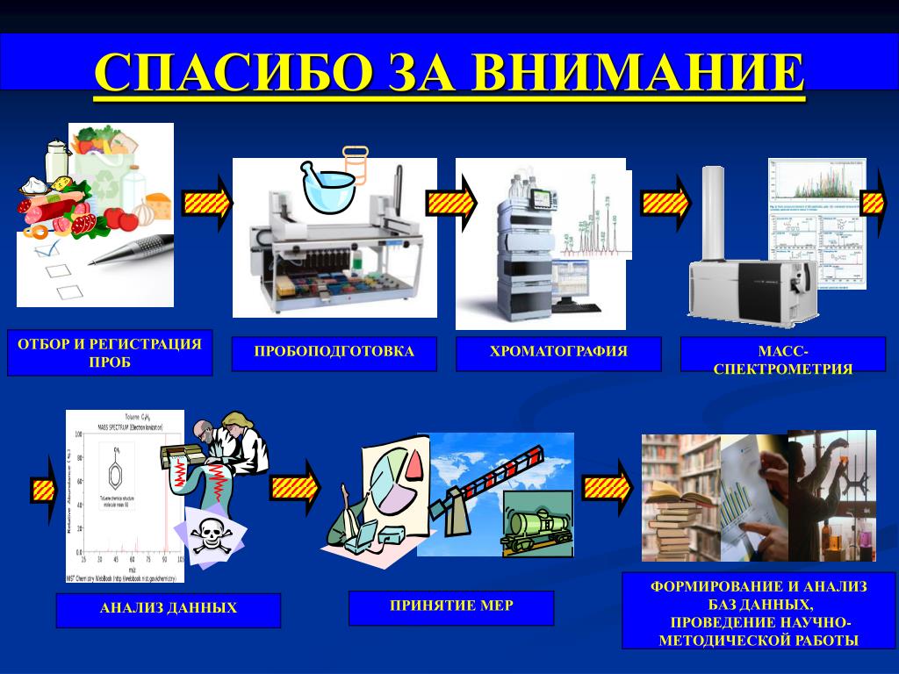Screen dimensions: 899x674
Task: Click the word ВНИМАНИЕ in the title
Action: tap(639, 72)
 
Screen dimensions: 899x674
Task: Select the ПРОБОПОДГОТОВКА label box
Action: tap(334, 352)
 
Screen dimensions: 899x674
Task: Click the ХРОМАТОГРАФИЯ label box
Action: tap(558, 352)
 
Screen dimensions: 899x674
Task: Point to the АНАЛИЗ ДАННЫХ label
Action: tap(169, 607)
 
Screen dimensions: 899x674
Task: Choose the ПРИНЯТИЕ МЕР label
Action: tap(451, 606)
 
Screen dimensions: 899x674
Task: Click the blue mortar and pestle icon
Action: tap(329, 184)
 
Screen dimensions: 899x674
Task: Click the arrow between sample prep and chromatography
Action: tap(450, 203)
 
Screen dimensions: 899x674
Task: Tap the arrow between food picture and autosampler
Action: tap(207, 203)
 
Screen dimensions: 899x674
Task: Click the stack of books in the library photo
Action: tap(677, 519)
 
